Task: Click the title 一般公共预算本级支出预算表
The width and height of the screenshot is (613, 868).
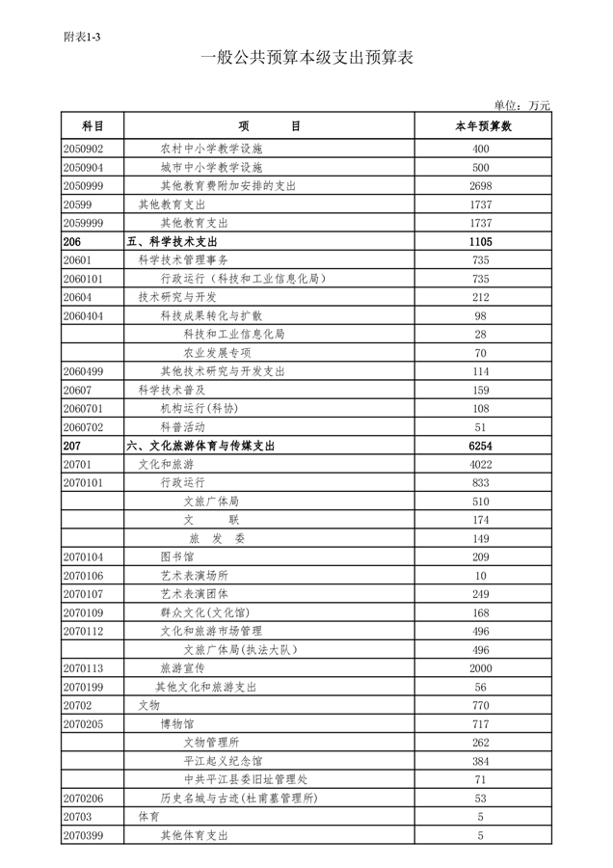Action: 306,59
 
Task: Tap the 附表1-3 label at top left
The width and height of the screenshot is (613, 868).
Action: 83,37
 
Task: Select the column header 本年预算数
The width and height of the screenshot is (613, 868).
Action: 482,126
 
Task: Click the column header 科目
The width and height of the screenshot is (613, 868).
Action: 93,126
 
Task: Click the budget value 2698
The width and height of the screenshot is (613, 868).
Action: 482,186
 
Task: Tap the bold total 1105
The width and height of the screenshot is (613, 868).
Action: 482,242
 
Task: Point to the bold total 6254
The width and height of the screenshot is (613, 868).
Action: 482,447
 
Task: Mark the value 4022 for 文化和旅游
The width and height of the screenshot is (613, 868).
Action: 482,465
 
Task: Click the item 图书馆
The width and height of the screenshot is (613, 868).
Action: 176,557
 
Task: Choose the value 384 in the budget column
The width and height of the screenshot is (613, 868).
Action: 482,761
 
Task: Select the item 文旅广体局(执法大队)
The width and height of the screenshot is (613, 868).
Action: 239,650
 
